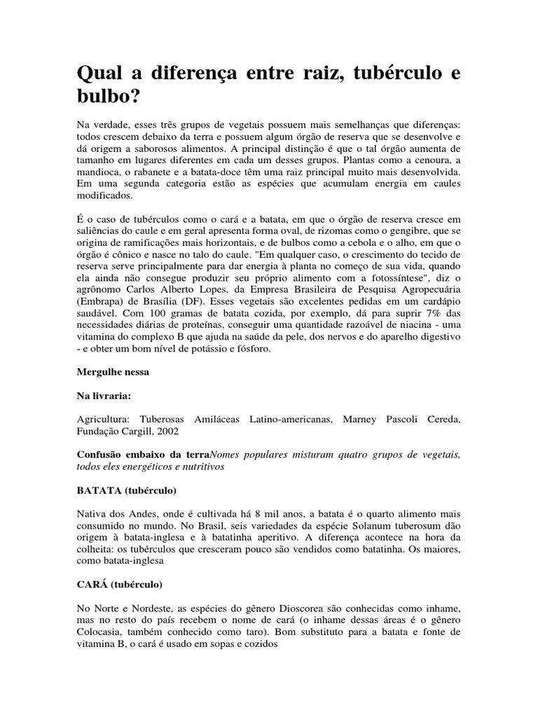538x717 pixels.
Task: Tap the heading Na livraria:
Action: [104, 396]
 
